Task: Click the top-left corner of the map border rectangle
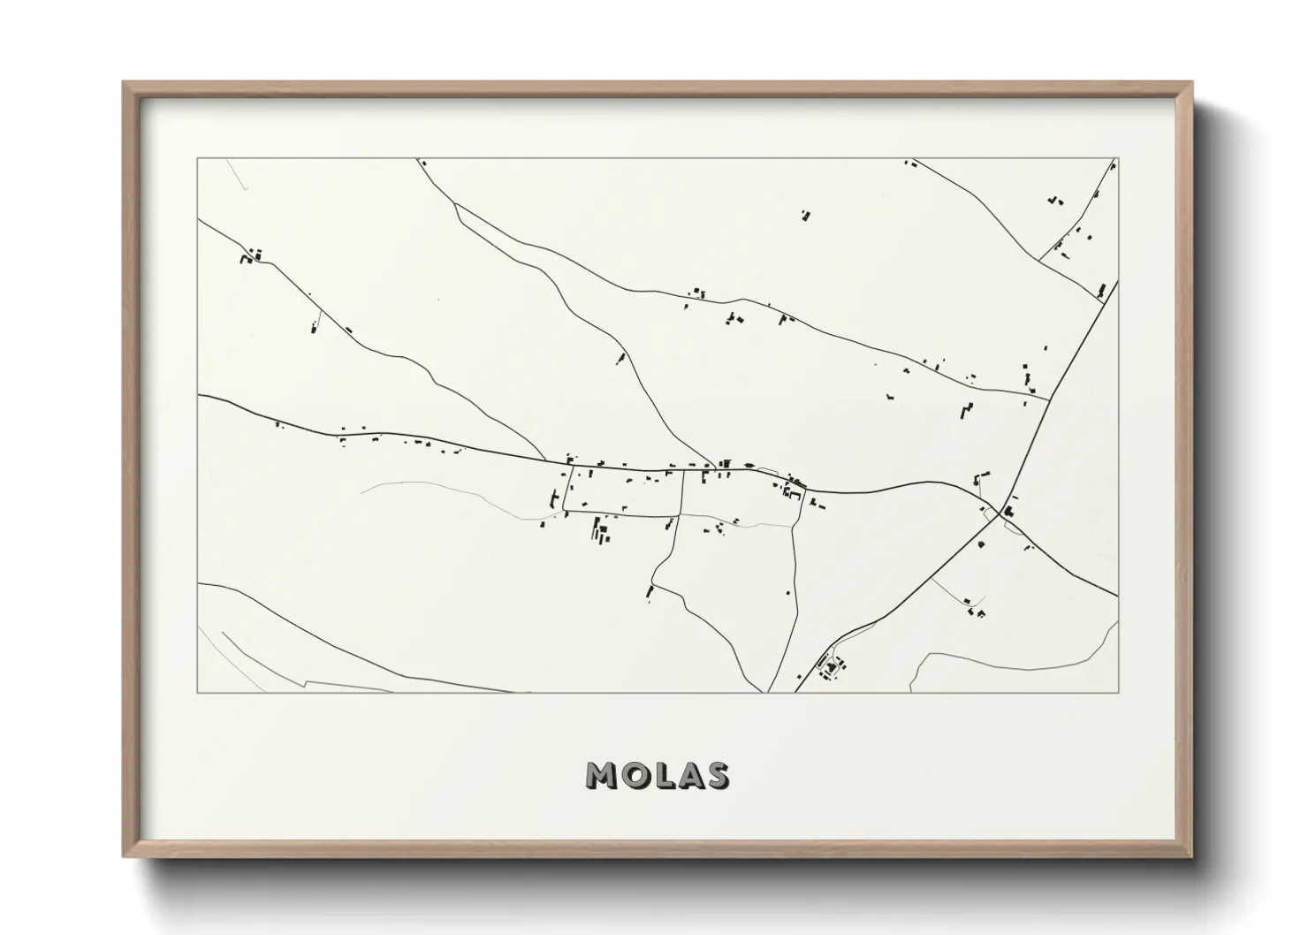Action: tap(198, 159)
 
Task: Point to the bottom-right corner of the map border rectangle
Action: tap(1118, 692)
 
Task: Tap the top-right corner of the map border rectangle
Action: tap(1118, 159)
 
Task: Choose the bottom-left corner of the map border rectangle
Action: tap(198, 692)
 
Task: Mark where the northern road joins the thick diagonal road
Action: tap(1049, 399)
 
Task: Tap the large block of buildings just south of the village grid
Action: tap(601, 530)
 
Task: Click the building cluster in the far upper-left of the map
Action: tap(250, 258)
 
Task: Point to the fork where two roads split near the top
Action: tap(455, 205)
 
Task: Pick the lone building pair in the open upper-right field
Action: tap(805, 214)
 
